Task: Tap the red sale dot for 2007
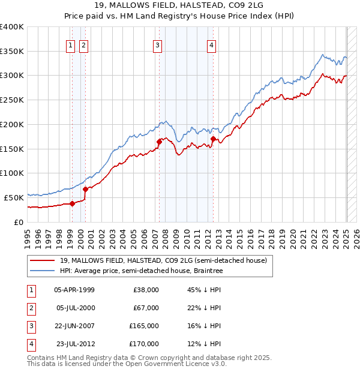pos(159,142)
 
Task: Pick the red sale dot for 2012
pos(213,139)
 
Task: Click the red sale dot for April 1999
pos(72,203)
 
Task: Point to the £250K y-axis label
pos(12,100)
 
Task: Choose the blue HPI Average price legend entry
pos(141,271)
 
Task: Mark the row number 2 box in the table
pos(30,308)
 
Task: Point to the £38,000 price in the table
pos(145,290)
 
